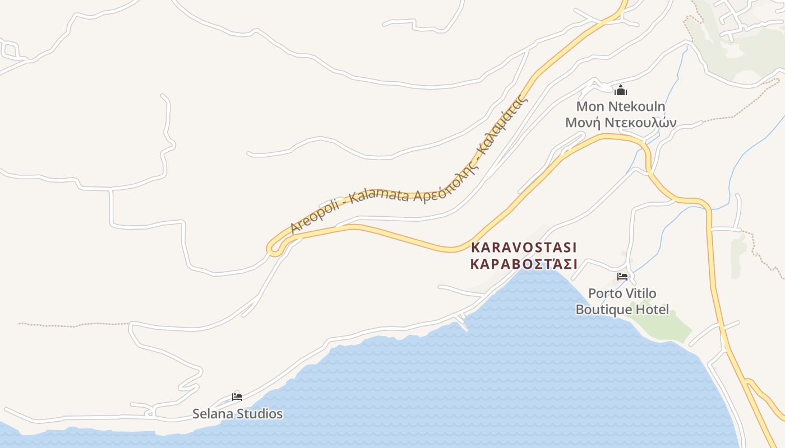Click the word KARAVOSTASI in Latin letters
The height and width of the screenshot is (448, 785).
tap(524, 247)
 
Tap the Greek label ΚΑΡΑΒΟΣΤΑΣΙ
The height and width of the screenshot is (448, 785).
tap(524, 264)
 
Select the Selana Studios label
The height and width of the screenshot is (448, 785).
tap(237, 414)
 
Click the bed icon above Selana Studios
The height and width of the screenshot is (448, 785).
tap(237, 397)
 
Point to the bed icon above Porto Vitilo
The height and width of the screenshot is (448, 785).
tap(622, 276)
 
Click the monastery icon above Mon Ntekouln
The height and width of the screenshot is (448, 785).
tap(621, 90)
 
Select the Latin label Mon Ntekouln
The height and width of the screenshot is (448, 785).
tap(621, 106)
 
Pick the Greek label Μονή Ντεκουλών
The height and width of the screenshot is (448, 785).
tap(621, 123)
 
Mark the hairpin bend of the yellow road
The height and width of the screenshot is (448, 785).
tap(273, 248)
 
